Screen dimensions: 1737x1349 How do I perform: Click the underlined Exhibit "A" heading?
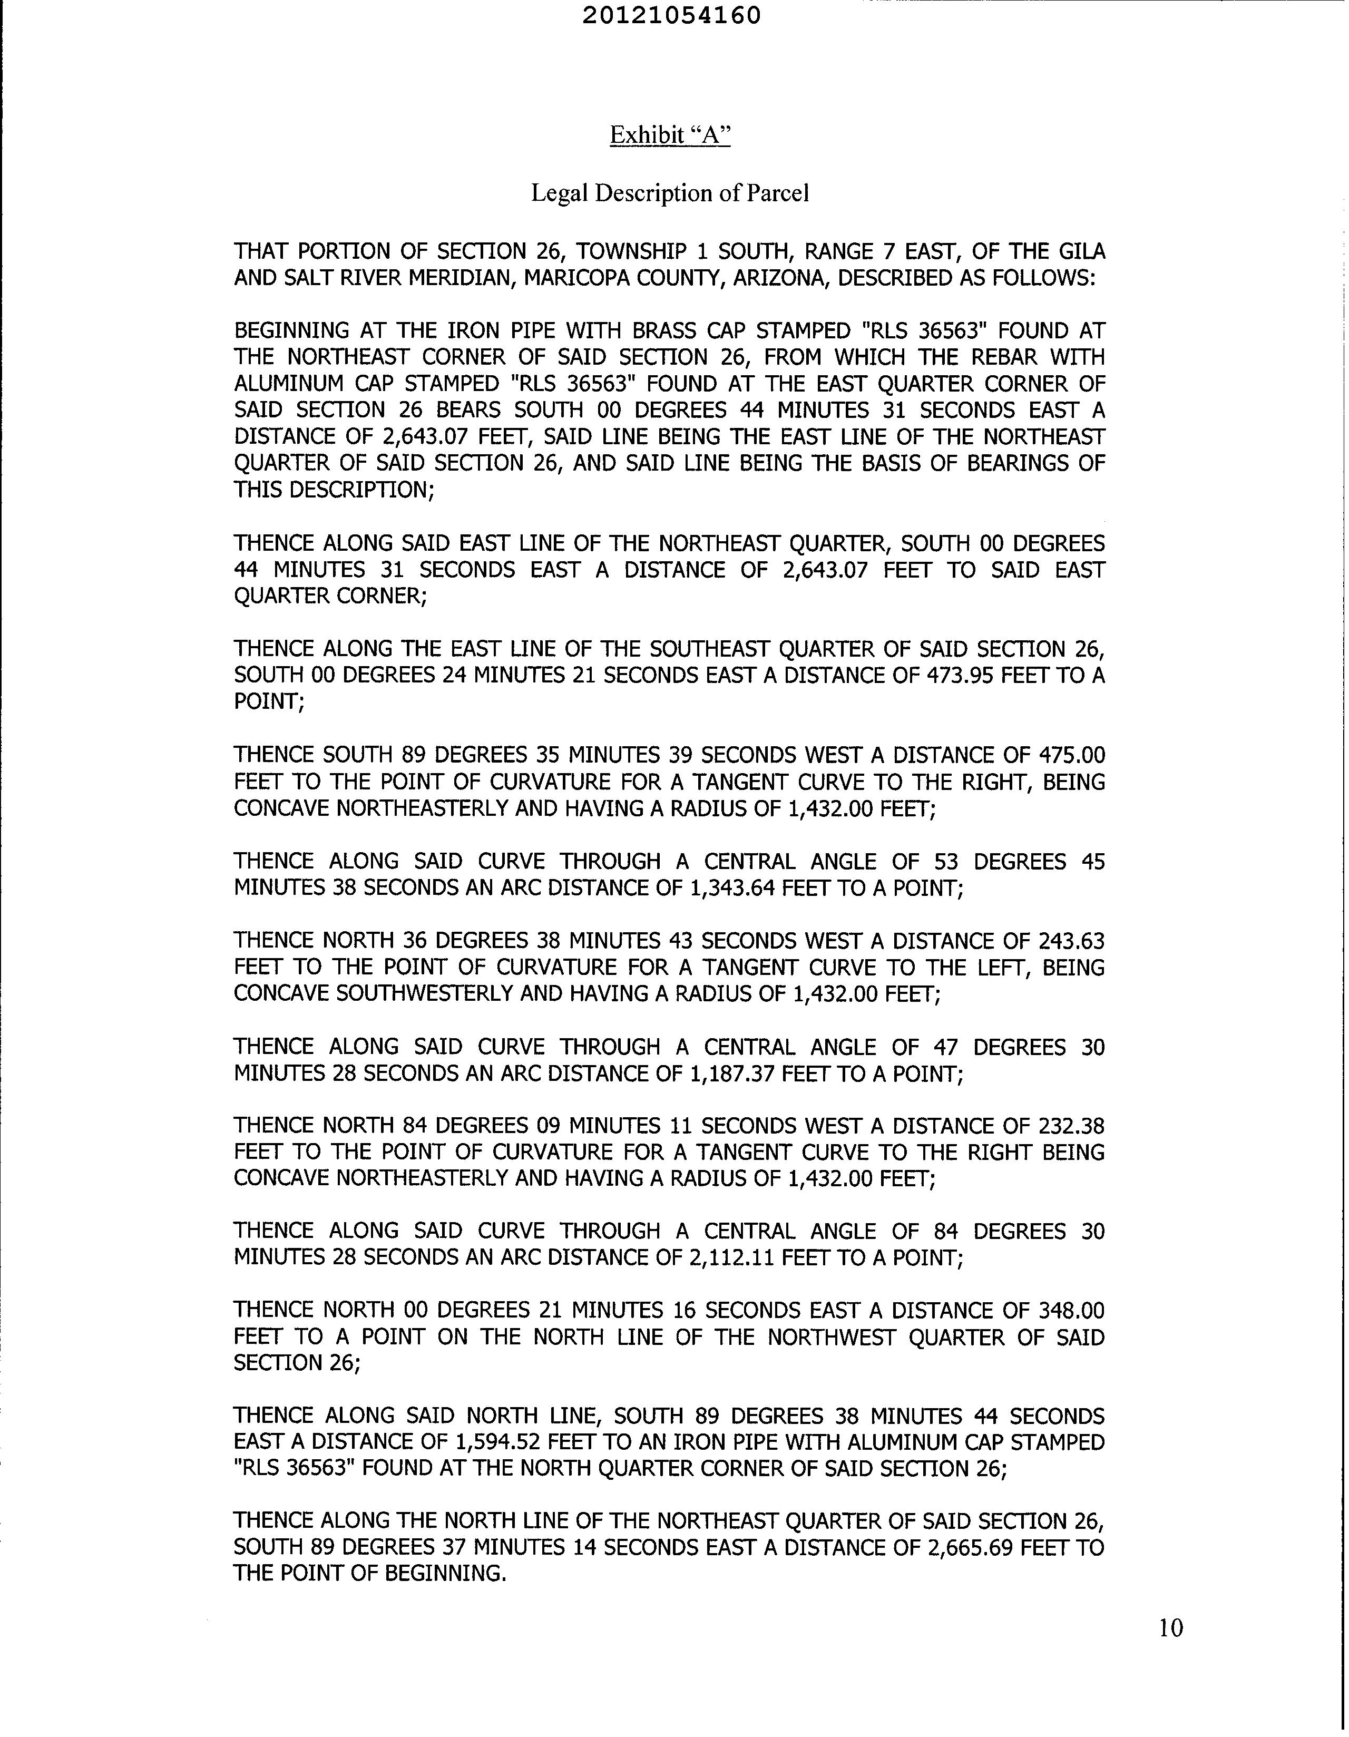pos(670,135)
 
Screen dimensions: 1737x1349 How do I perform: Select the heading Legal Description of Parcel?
pos(670,193)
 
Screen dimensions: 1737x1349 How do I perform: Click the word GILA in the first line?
pos(1082,251)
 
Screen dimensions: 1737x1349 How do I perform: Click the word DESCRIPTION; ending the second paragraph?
pos(362,490)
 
